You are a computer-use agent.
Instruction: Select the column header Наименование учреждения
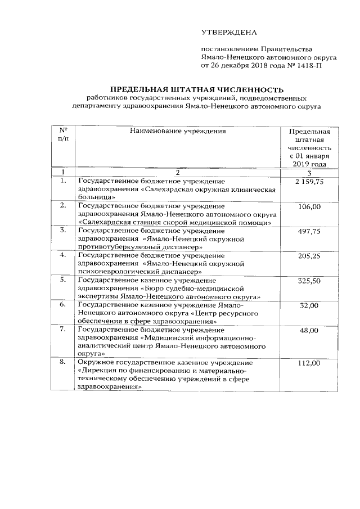[x=178, y=131]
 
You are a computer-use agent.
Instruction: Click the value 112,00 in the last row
[x=309, y=364]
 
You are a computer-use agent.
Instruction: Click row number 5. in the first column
[x=63, y=280]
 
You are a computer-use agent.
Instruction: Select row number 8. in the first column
[x=63, y=364]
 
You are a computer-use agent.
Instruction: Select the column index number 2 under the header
[x=177, y=172]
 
